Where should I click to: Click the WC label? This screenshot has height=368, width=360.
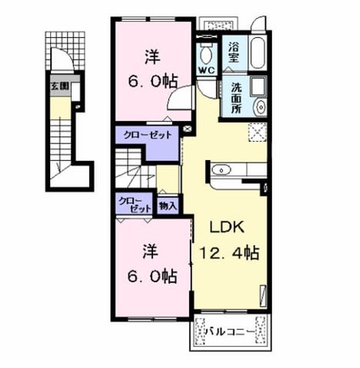[x=207, y=70]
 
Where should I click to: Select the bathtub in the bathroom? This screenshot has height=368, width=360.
[x=257, y=53]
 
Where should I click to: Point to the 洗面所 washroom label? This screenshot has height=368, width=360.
[x=236, y=99]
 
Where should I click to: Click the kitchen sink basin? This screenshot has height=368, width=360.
[x=221, y=169]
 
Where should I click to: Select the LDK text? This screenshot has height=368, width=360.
[x=227, y=227]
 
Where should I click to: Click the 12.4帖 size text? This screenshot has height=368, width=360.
[x=229, y=253]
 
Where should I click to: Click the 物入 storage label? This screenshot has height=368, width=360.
[x=167, y=206]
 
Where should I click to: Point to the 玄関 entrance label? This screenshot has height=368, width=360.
[x=60, y=86]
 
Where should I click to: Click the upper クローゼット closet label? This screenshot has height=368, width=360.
[x=148, y=135]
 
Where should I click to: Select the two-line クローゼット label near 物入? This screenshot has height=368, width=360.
[x=135, y=205]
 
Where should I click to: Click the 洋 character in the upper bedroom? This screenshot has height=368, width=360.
[x=152, y=57]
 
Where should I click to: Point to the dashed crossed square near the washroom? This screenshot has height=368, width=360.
[x=257, y=132]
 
